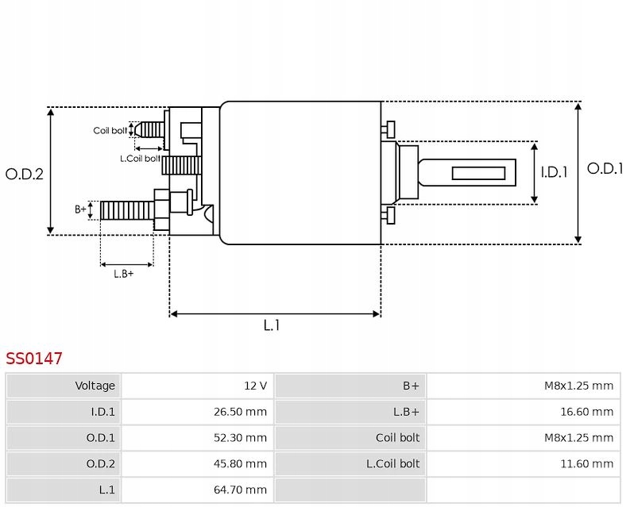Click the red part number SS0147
coord(34,359)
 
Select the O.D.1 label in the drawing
coord(605,168)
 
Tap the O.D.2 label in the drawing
coord(24,174)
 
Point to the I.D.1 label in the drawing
coord(554,172)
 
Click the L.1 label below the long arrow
coord(272,325)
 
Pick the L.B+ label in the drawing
coord(123,274)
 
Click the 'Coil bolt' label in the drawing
coord(110,131)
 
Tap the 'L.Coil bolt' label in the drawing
coord(140,158)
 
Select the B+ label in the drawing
coord(80,209)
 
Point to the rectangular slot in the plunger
coord(479,173)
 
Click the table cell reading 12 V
coord(255,386)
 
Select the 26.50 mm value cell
coord(244,412)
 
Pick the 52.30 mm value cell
coord(244,438)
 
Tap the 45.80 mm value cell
coord(244,463)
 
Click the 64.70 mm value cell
coord(244,490)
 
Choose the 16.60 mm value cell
coord(589,412)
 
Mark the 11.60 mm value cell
coord(589,463)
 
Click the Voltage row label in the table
coord(95,386)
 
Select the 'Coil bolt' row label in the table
coord(397,438)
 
